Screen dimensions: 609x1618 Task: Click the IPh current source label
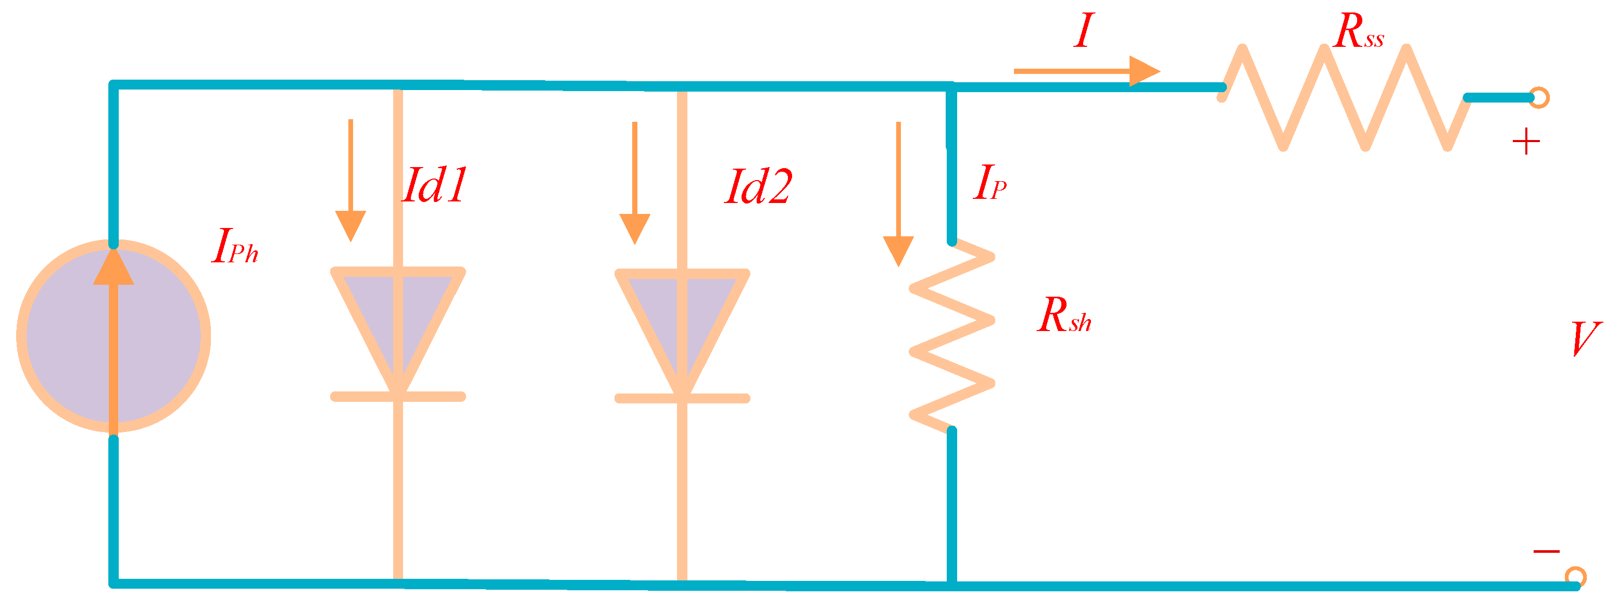coord(235,246)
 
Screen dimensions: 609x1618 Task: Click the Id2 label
coord(758,187)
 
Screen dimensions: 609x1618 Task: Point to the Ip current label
coord(989,183)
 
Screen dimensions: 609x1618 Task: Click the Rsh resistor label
coord(1064,315)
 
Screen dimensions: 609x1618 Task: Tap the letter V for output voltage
coord(1584,339)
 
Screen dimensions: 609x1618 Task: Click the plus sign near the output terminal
coord(1526,142)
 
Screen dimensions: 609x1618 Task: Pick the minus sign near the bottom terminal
coord(1546,551)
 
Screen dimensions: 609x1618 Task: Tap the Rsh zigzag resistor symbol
coord(952,336)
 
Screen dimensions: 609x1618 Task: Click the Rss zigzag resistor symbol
coord(1344,97)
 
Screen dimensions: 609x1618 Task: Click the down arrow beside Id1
coord(350,182)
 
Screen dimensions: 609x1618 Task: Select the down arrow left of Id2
coord(634,185)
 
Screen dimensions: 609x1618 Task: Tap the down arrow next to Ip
coord(898,195)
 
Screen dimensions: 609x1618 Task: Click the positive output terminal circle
coord(1539,97)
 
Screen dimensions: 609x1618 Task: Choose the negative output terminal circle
coord(1575,576)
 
